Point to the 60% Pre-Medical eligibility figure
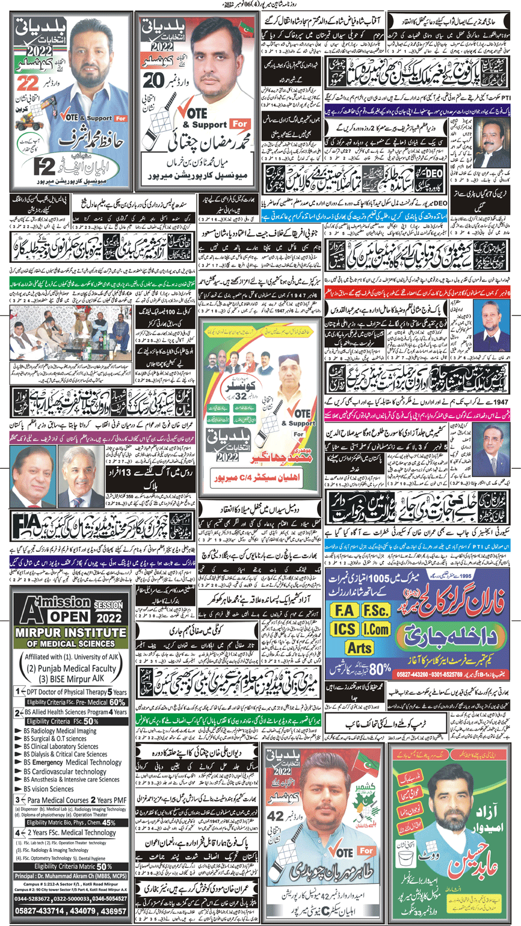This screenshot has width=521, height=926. [x=117, y=701]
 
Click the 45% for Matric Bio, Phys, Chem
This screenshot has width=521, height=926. [x=109, y=822]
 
